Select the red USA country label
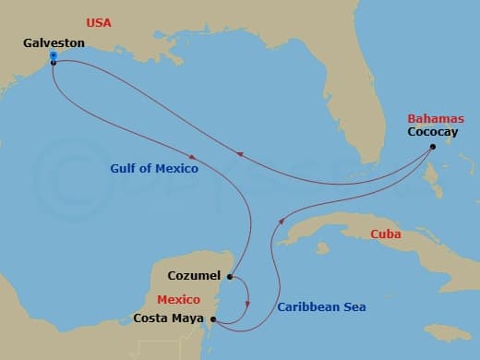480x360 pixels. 99,21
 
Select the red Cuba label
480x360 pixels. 385,234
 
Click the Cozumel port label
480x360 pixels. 195,275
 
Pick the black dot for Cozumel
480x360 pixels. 229,276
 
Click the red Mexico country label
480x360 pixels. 179,300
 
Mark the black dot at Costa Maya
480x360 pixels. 214,319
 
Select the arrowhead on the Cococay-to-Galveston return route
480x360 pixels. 240,155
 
